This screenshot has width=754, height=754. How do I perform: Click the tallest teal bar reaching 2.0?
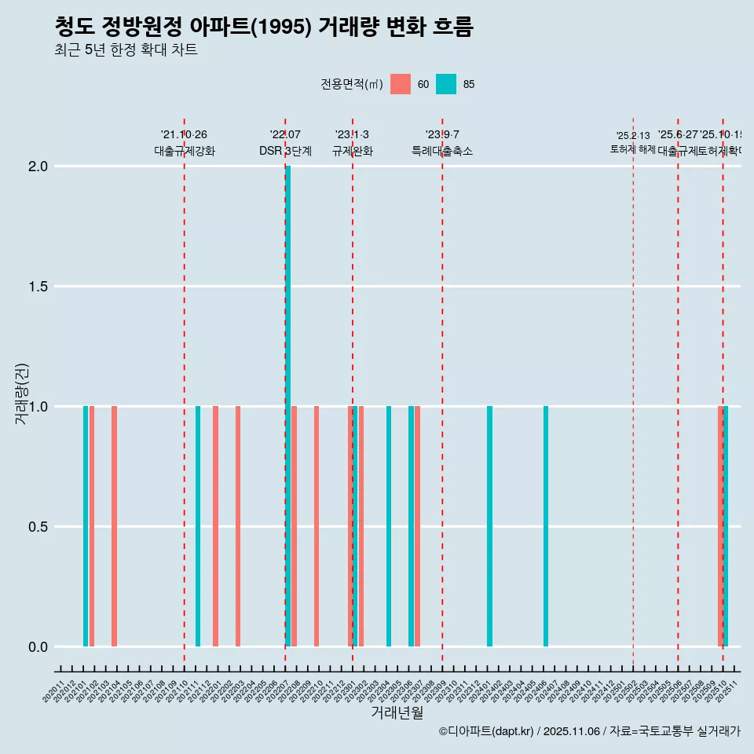point(288,405)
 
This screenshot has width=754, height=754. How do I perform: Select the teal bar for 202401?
point(489,526)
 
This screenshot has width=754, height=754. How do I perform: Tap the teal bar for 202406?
point(546,526)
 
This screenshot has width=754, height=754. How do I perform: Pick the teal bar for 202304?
point(389,526)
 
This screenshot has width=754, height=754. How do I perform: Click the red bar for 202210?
point(317,526)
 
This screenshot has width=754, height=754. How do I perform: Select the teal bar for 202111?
point(198,526)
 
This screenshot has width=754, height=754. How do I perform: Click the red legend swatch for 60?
point(401,84)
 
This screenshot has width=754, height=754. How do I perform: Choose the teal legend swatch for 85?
point(446,84)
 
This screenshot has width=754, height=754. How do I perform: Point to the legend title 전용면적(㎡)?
point(351,84)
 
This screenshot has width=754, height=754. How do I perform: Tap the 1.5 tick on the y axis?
point(37,287)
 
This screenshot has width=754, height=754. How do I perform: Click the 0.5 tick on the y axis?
point(37,527)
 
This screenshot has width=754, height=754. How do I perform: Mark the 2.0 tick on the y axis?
point(37,167)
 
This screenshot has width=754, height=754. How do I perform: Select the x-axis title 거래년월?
point(397,713)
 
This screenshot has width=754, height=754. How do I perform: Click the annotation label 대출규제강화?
point(184,151)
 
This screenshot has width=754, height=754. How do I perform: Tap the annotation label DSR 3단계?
point(285,151)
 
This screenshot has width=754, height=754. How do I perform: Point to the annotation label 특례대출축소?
point(442,151)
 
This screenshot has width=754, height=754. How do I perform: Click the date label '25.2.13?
point(633,136)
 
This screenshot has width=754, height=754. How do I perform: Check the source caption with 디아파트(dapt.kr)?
point(589,731)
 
